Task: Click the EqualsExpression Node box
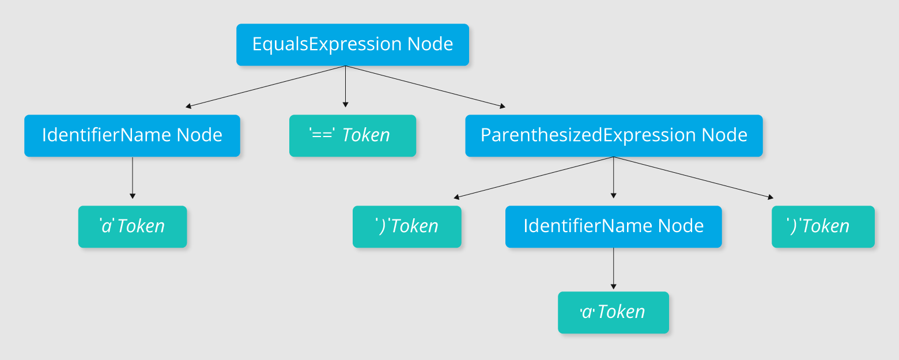352,44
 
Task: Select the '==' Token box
352,136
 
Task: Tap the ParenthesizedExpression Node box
614,136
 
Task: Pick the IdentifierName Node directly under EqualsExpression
132,136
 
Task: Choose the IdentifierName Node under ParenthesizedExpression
613,227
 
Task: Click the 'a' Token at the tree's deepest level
613,312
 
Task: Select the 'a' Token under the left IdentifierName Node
133,227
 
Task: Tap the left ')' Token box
407,227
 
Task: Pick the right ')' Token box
823,227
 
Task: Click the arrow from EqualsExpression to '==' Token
346,87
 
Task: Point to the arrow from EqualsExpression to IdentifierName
265,87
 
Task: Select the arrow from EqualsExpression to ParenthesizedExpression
425,87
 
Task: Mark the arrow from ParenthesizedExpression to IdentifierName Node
613,177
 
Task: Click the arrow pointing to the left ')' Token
534,177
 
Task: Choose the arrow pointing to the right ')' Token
693,177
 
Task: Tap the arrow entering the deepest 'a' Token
613,268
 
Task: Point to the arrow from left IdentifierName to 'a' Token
133,177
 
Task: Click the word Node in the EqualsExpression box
430,44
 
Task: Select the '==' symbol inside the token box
322,134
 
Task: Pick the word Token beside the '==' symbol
365,135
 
